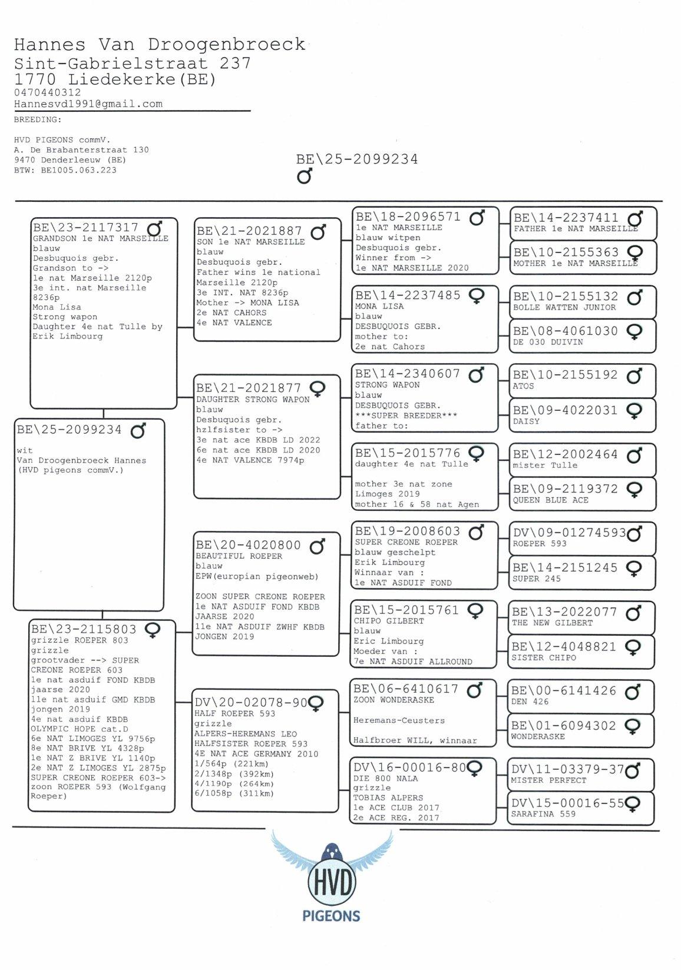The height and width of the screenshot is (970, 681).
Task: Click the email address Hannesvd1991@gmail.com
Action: pos(88,104)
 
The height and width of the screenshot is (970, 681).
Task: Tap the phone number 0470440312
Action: pos(48,92)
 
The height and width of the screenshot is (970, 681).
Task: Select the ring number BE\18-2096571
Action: pos(408,217)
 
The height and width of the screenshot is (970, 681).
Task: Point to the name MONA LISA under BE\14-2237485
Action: pos(379,306)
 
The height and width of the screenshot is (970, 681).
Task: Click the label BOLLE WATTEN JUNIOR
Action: pos(564,307)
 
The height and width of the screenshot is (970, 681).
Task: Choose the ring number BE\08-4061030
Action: pos(566,331)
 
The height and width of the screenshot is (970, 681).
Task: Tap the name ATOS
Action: pos(524,386)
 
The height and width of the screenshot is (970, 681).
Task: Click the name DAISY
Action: pos(526,421)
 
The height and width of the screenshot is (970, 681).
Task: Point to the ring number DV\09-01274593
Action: pos(569,533)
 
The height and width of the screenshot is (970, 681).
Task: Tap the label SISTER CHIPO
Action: pos(544,657)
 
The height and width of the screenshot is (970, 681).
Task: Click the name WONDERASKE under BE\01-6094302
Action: pos(538,736)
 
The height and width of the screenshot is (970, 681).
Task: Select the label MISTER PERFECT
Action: pos(549,780)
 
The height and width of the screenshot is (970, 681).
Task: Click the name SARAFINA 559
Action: pos(543,814)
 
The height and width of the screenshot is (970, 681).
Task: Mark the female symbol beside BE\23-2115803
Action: pos(151,630)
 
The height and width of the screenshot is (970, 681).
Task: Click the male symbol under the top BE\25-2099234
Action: pos(305,176)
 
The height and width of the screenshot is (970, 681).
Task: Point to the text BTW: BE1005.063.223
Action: pos(65,170)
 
